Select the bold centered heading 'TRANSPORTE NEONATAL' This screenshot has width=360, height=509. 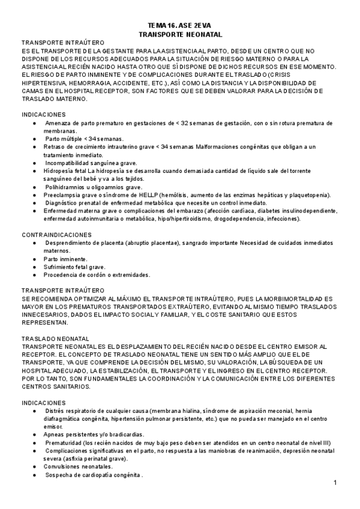(179, 35)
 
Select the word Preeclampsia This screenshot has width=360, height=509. (64, 195)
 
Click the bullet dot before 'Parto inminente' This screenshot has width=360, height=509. (35, 259)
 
